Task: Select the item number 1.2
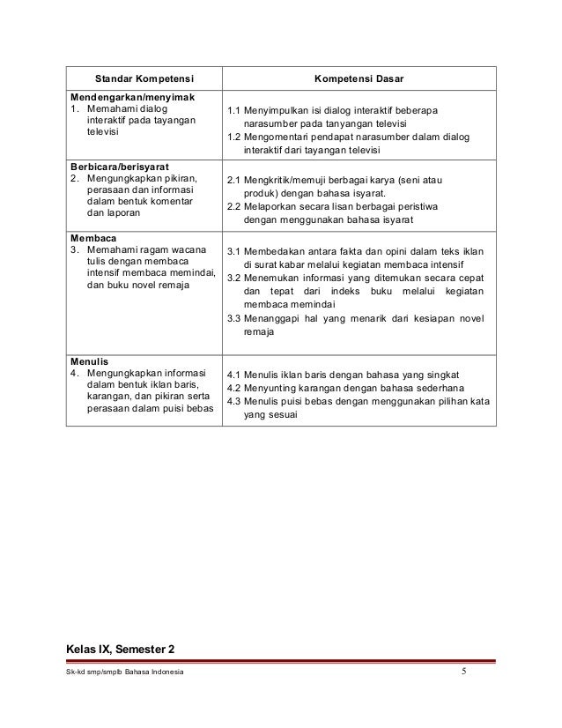233,137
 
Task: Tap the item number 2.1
233,181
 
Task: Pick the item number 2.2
233,207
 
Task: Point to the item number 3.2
233,278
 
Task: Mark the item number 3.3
233,319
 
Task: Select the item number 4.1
233,374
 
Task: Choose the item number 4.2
233,389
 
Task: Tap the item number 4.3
233,404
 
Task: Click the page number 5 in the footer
466,674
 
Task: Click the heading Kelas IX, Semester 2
121,650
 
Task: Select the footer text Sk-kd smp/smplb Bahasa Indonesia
125,675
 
